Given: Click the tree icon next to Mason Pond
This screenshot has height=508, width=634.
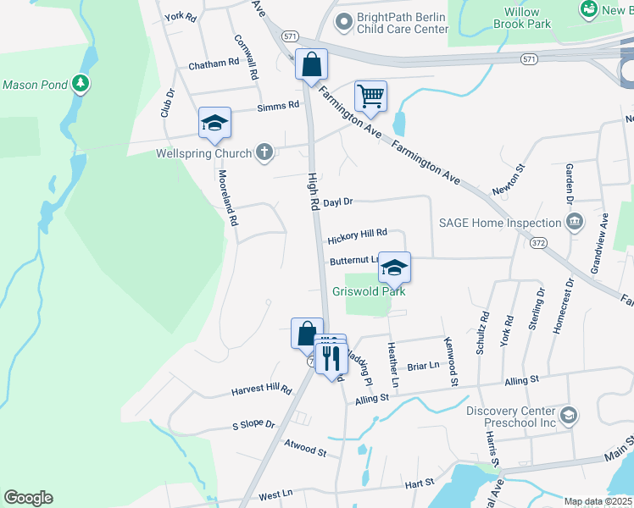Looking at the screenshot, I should tap(80, 83).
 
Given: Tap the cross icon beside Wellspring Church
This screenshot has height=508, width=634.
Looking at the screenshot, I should tap(264, 153).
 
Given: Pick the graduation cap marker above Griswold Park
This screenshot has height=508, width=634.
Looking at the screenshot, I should tap(394, 268).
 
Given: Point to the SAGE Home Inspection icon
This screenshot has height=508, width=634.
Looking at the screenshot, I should tap(575, 223).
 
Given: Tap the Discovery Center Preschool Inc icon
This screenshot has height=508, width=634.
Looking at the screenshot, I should tap(569, 415).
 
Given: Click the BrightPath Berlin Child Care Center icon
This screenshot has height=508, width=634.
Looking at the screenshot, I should tap(342, 20).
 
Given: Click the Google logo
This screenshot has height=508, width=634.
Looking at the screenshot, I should tap(28, 498).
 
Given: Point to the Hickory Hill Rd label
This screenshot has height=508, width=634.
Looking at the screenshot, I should tap(357, 232).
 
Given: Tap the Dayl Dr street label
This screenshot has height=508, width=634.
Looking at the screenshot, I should tap(337, 202).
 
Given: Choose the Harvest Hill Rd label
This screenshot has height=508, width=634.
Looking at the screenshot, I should tap(261, 391).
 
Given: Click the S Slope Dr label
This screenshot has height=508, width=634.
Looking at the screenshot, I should tap(253, 424).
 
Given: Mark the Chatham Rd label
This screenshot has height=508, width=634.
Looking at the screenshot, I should tap(214, 64).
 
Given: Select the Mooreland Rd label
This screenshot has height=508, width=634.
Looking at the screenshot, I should tap(226, 196).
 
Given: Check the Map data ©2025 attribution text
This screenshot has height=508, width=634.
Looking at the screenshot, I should tap(598, 501).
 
